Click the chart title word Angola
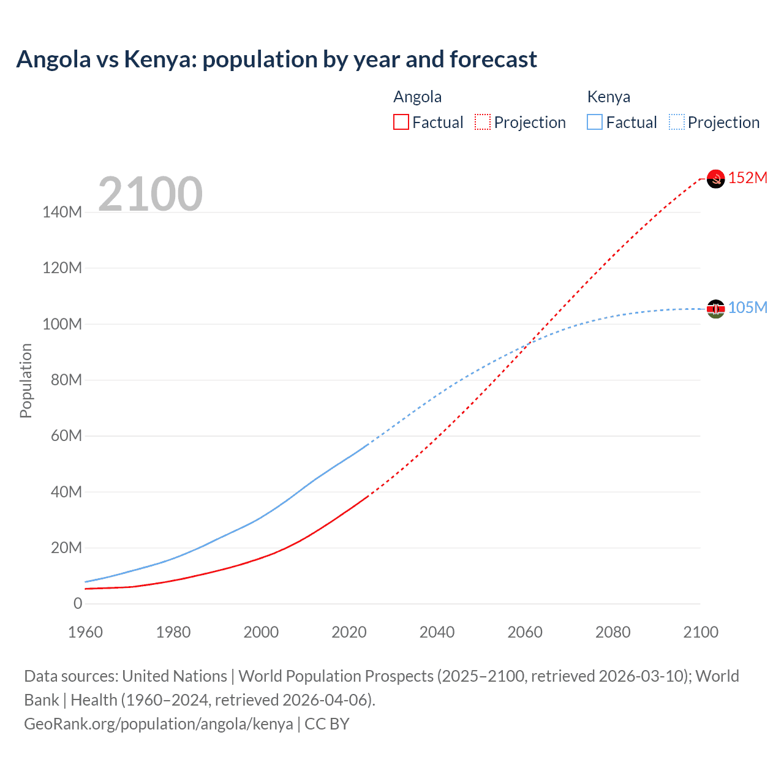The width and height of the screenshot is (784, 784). coord(53,59)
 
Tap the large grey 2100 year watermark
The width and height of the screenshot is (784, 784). coord(150,194)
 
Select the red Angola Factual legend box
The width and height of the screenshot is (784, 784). coord(401,123)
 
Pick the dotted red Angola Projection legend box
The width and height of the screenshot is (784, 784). coord(483,123)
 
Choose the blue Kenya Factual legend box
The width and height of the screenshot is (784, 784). coord(595,123)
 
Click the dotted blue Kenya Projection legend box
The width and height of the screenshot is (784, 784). coord(677,123)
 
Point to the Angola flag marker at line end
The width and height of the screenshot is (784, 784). coord(715,179)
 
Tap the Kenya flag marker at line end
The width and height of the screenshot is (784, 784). coord(715,309)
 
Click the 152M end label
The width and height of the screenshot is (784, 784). coord(748,178)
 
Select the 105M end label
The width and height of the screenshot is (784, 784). coord(748,307)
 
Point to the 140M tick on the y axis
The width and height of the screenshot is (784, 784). coord(62,213)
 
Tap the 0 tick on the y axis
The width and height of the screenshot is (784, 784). coord(77,603)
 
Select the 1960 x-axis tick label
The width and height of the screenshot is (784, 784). coord(85,632)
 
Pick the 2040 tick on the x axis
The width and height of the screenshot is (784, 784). coord(437,632)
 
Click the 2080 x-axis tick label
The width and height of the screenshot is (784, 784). coord(612,632)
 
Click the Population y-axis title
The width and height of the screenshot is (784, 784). coord(26,380)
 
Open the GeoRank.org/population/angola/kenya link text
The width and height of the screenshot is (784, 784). coord(159,724)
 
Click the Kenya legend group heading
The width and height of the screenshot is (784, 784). coord(608,97)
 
